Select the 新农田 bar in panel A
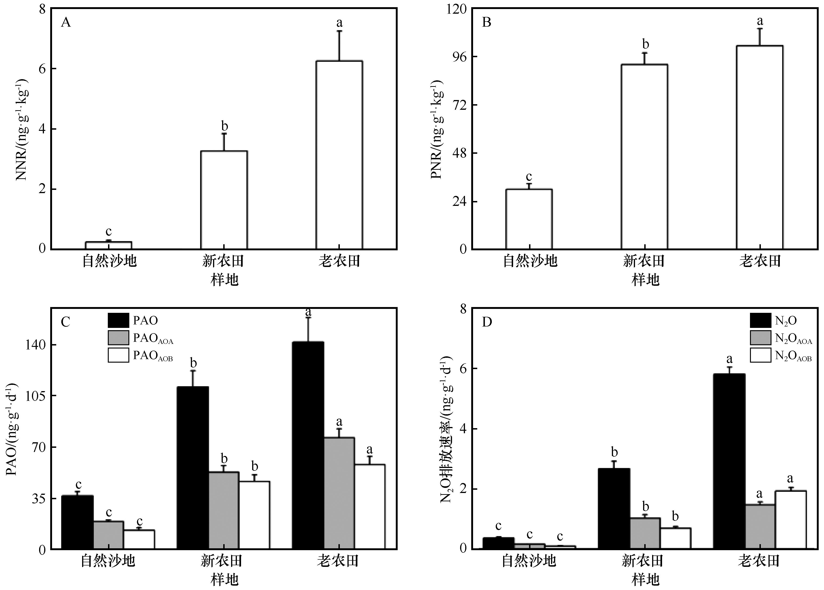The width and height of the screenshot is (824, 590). pos(224,200)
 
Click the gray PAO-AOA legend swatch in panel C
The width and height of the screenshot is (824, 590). pos(118,338)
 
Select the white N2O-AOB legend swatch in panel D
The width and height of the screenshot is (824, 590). pos(760,355)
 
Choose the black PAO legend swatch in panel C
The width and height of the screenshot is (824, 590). pos(118,320)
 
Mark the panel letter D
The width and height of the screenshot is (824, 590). pos(486,322)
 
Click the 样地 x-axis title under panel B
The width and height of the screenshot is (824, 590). pos(645,280)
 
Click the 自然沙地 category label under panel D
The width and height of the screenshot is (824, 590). pos(529,561)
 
